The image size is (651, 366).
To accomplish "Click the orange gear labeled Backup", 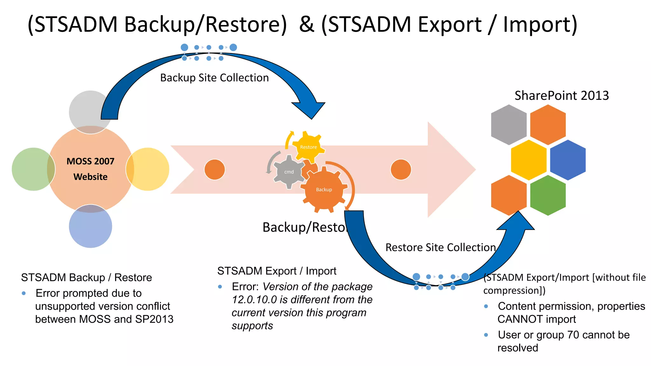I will tap(324, 190).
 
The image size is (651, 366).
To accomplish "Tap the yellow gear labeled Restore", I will tap(308, 147).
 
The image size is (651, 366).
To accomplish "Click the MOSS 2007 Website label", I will tap(90, 169).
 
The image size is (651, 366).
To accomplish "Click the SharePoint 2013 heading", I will tap(561, 95).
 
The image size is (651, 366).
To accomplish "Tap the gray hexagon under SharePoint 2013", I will tap(509, 125).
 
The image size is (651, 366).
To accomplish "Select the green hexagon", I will tap(548, 195).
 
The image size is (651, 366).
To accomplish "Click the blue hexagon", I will tap(568, 160).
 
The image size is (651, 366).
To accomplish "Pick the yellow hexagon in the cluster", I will tap(528, 160).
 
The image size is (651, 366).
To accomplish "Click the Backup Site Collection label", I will tap(214, 78).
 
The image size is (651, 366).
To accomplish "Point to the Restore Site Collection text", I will tap(441, 247).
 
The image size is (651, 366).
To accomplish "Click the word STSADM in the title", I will tap(76, 24).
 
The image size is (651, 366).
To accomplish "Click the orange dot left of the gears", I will tap(215, 169).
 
